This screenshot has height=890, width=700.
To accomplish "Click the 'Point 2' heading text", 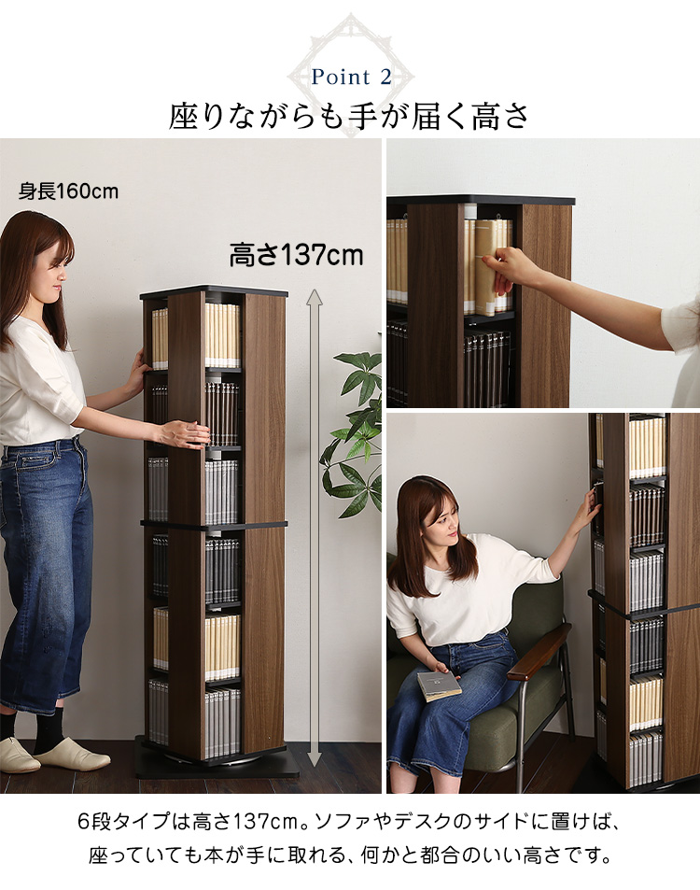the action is coord(351,78).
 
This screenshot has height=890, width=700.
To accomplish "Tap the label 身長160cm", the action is coord(69,191).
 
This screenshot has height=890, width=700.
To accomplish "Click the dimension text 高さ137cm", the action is coord(296,255).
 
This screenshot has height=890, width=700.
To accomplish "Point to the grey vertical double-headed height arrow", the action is coord(315,529).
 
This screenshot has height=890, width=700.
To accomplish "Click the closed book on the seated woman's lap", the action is coord(439,685).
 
